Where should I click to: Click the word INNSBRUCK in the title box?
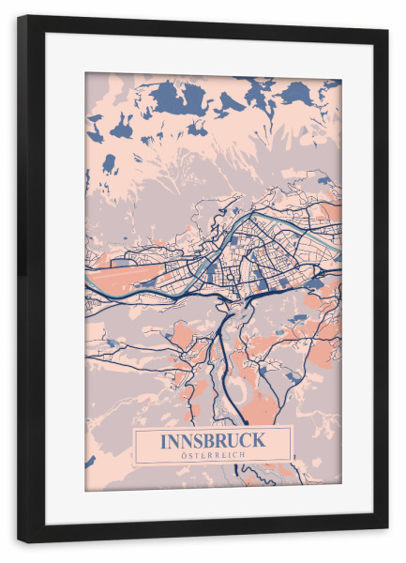[x=213, y=439]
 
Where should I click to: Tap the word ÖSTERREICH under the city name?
[x=213, y=455]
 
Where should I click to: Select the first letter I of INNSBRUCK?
[x=164, y=439]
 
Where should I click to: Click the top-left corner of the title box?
[x=134, y=428]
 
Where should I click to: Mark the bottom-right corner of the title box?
[x=292, y=463]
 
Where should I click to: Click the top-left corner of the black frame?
[x=18, y=16]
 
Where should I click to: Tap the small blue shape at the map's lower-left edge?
[x=90, y=462]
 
